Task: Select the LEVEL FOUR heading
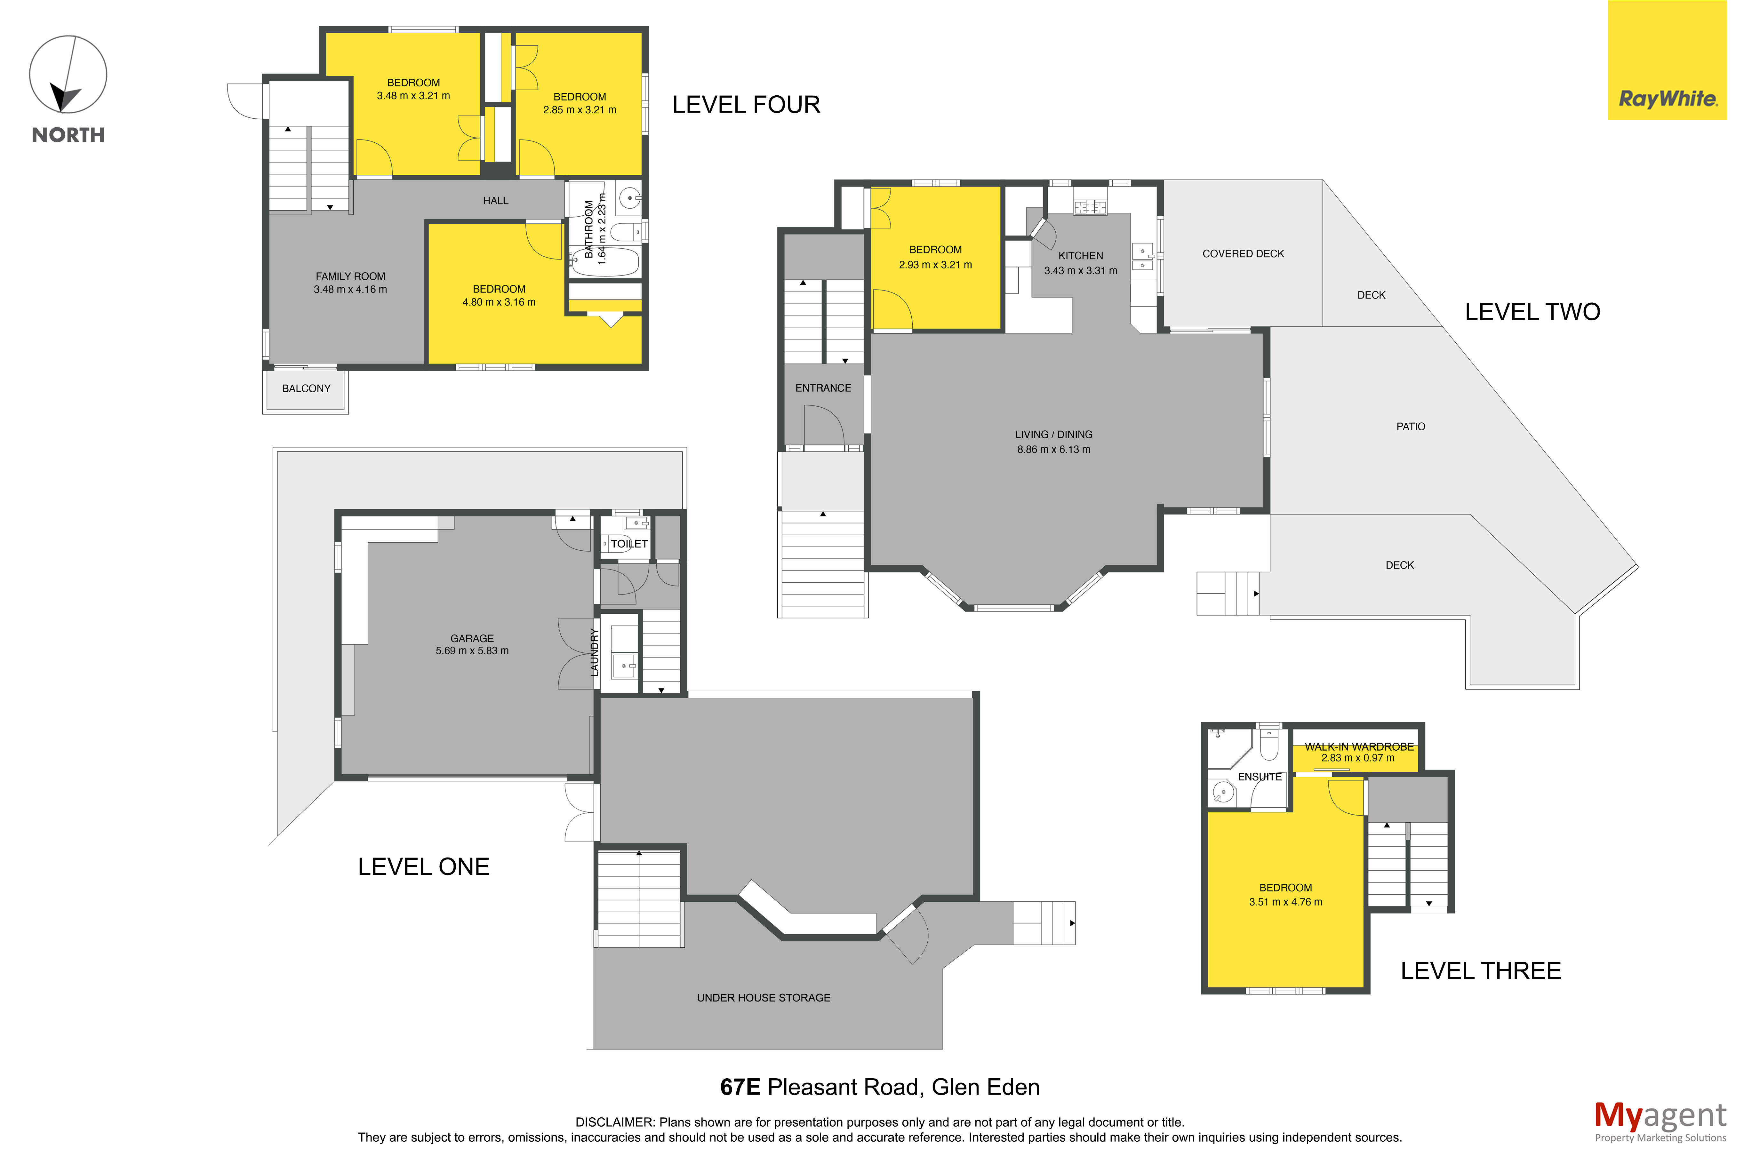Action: pos(746,105)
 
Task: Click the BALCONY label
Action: pos(306,388)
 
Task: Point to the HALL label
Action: pos(495,201)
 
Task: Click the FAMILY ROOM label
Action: pos(350,276)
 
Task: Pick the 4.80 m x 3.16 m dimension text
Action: pos(499,302)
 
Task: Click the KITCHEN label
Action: pos(1080,256)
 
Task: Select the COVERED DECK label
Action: pos(1243,254)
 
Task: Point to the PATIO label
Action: pos(1411,427)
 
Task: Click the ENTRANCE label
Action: pos(823,387)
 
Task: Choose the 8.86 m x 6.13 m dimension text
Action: pos(1053,450)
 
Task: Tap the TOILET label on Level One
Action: pos(629,544)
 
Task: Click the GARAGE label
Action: pos(472,638)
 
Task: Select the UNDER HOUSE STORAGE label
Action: pos(764,998)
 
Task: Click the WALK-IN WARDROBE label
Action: pos(1359,746)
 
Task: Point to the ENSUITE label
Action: pos(1260,777)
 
